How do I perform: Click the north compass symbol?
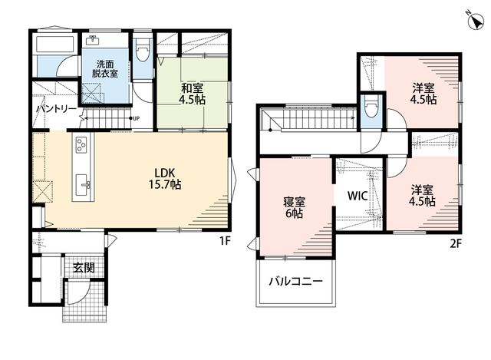click(476, 22)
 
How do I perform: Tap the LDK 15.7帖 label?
click(165, 179)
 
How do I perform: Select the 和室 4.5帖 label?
click(193, 94)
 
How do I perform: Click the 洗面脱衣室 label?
click(105, 69)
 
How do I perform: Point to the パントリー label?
click(56, 109)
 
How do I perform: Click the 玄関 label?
click(84, 268)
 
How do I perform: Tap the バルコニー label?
click(296, 281)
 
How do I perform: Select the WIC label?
click(358, 196)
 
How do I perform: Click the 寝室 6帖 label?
click(294, 207)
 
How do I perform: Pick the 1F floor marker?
click(225, 241)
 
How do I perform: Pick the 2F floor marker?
click(456, 243)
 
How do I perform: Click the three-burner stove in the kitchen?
click(82, 145)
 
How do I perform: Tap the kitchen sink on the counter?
click(83, 186)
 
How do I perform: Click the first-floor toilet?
click(143, 50)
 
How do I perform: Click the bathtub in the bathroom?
click(55, 45)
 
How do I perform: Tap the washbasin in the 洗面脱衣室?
click(93, 41)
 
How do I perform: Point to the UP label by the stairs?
click(136, 118)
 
